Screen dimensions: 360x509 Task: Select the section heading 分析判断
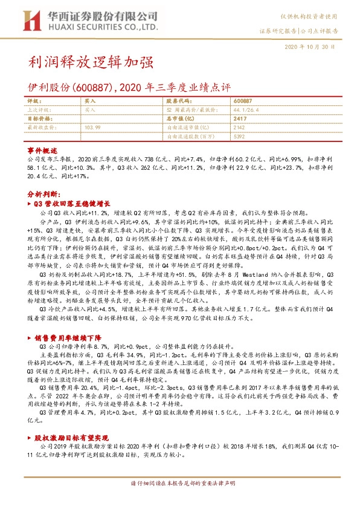pos(43,195)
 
